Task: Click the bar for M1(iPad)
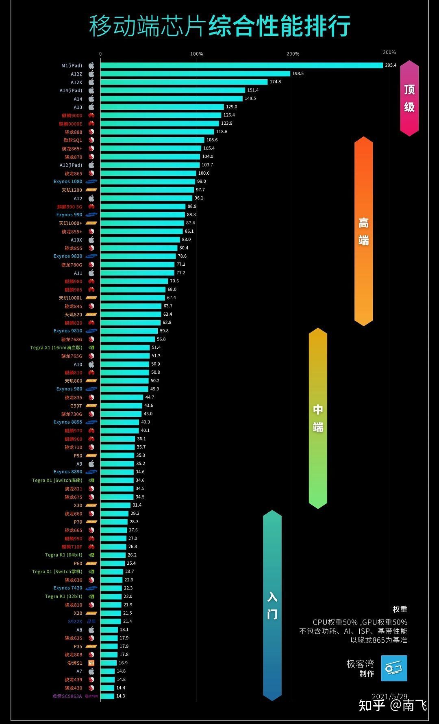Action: (x=241, y=65)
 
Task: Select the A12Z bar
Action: (x=195, y=74)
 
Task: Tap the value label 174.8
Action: (x=275, y=82)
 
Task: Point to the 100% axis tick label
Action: (x=196, y=54)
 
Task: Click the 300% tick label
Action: (x=389, y=52)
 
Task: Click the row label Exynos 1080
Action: (x=67, y=182)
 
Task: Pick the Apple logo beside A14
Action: (x=91, y=99)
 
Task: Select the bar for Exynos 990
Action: (x=142, y=215)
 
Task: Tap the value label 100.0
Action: (x=204, y=173)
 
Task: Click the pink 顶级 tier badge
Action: (x=409, y=98)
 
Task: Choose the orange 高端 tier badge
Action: (x=363, y=231)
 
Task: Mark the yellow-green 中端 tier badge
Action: (x=318, y=418)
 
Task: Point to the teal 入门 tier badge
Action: (x=272, y=605)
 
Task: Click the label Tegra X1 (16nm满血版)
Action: (x=56, y=348)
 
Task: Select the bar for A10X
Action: (x=140, y=240)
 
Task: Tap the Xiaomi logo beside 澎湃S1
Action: (x=91, y=663)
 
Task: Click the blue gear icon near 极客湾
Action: (x=394, y=668)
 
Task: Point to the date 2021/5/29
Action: (x=389, y=696)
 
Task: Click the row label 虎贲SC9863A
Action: (x=67, y=696)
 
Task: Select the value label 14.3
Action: (x=120, y=696)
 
